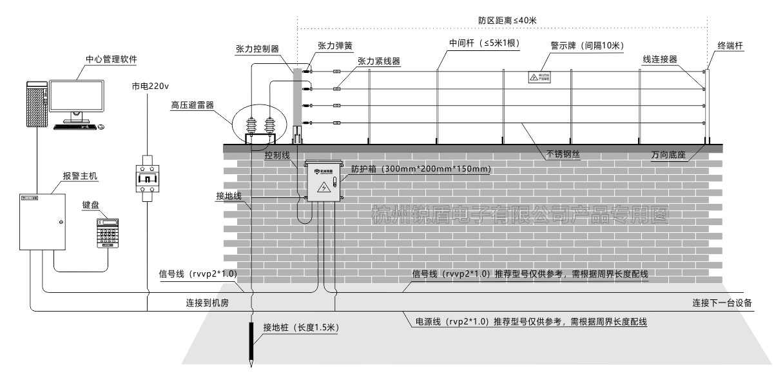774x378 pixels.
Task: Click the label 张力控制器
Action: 256,49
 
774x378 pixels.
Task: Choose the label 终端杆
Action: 731,46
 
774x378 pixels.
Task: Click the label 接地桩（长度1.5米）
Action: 300,328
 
